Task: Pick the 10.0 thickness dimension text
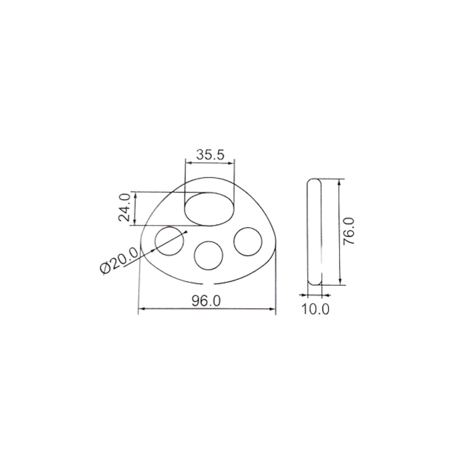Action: [315, 309]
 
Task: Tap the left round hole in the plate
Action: [169, 241]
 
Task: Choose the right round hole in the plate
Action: [248, 241]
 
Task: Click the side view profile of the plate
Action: [315, 232]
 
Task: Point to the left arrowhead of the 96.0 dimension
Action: [141, 309]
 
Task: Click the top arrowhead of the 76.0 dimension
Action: [339, 181]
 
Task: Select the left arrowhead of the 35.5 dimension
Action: [188, 162]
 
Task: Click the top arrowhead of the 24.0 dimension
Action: [135, 195]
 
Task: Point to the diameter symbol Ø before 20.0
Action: [105, 268]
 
